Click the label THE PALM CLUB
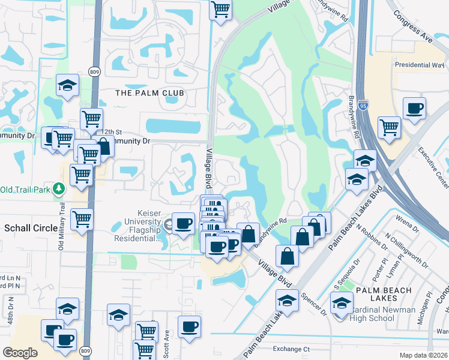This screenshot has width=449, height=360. (x=150, y=93)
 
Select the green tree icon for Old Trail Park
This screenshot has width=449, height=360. (x=58, y=190)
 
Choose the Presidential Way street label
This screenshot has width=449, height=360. (x=420, y=65)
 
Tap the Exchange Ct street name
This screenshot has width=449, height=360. (x=291, y=349)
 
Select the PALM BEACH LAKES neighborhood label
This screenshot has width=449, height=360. (x=384, y=294)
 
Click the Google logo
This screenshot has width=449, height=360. (x=20, y=353)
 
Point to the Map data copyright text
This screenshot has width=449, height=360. (x=423, y=355)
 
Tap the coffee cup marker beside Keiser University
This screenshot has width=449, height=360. (x=183, y=223)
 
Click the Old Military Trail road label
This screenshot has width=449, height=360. (x=61, y=225)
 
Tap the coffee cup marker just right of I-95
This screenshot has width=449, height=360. (x=414, y=109)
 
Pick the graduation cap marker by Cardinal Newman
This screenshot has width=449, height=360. (x=342, y=303)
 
